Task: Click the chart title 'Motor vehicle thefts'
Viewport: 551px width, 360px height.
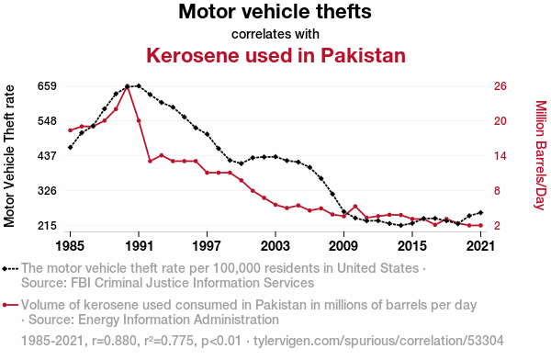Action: point(275,11)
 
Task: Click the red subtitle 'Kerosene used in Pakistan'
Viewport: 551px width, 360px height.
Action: point(275,55)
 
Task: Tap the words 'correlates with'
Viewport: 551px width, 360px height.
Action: point(275,34)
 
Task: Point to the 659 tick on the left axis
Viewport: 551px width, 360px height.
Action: point(47,85)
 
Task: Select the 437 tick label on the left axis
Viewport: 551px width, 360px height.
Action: point(47,155)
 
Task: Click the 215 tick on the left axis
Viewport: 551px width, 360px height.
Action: point(47,225)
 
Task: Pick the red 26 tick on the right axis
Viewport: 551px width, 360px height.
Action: point(500,85)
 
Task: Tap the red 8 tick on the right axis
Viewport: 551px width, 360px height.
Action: point(497,190)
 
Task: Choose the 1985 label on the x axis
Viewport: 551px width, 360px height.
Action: point(70,245)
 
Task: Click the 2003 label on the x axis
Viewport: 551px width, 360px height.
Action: point(275,245)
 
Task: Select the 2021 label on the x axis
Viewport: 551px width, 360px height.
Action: point(480,245)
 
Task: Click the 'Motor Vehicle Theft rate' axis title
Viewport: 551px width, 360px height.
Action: point(9,156)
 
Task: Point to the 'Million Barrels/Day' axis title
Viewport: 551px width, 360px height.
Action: point(541,155)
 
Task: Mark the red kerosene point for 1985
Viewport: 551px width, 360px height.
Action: point(71,130)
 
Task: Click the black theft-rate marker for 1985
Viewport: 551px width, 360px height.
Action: point(71,147)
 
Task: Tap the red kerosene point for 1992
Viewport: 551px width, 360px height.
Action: point(150,161)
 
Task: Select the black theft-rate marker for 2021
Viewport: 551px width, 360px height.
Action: point(480,212)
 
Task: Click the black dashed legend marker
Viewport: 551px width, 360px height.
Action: point(10,269)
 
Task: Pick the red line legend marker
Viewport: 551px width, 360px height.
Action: point(10,305)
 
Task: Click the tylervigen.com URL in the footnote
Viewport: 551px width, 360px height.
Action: point(378,341)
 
